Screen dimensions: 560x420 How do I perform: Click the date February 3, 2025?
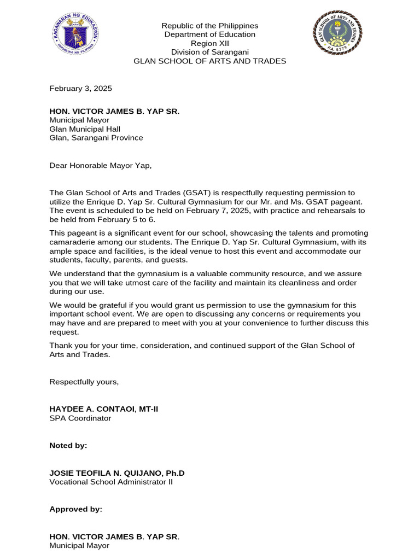[80, 88]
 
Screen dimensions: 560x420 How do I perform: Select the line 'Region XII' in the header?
[210, 43]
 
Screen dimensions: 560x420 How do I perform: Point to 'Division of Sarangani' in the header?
[210, 52]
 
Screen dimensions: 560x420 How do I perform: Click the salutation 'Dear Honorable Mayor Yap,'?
[100, 165]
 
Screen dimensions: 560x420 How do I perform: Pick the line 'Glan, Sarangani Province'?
[96, 138]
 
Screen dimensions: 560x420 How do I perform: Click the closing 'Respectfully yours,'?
[84, 382]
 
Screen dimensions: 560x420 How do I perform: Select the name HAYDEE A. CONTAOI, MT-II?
[104, 409]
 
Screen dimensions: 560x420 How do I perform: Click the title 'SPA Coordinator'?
[80, 418]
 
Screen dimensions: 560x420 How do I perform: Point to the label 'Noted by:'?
[68, 446]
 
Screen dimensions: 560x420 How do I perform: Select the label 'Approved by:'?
[75, 509]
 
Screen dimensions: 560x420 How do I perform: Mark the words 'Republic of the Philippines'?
[210, 26]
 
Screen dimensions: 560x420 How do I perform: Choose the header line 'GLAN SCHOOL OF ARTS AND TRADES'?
[210, 61]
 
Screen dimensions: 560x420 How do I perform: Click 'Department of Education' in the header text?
[210, 34]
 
